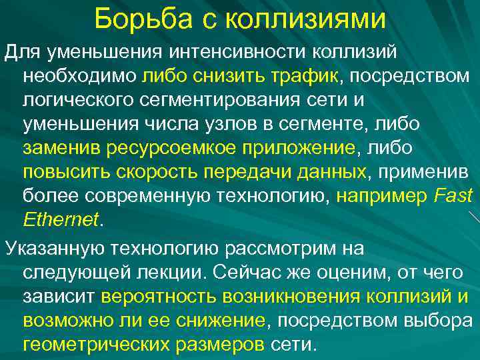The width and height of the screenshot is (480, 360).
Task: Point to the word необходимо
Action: point(80,75)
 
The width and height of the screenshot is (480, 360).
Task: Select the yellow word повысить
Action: point(63,171)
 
